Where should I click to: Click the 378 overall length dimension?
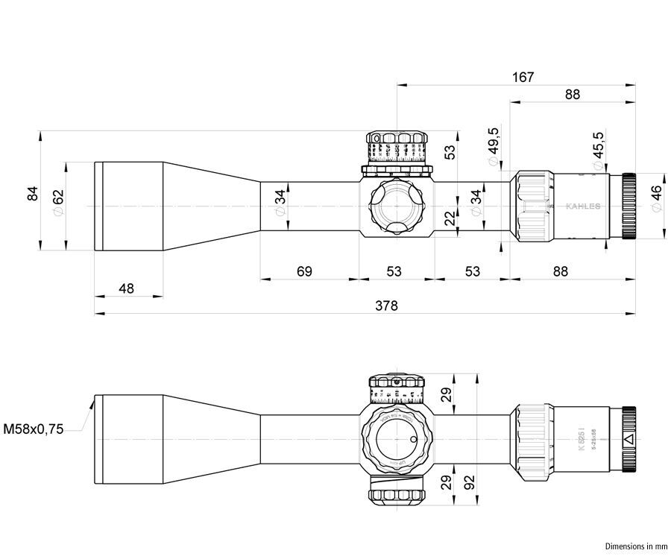pos(387,306)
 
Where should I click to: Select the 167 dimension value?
pos(523,77)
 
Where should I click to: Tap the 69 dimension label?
pos(304,271)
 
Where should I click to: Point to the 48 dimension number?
pos(126,288)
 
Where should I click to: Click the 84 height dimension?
pos(32,193)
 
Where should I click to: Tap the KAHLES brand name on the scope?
pos(582,206)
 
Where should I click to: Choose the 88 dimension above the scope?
pos(573,95)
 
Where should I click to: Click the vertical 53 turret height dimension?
pos(450,151)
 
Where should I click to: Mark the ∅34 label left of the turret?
pos(280,202)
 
